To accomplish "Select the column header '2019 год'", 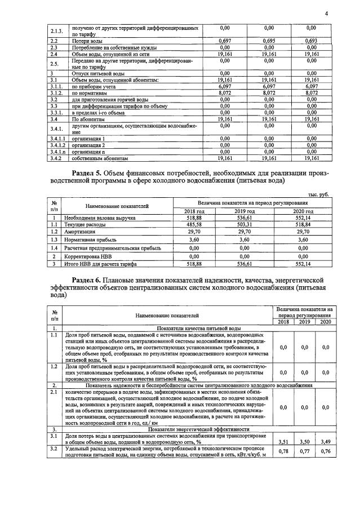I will [245, 211].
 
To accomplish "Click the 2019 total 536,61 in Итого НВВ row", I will [245, 263].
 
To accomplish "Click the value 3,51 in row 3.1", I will [284, 442].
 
